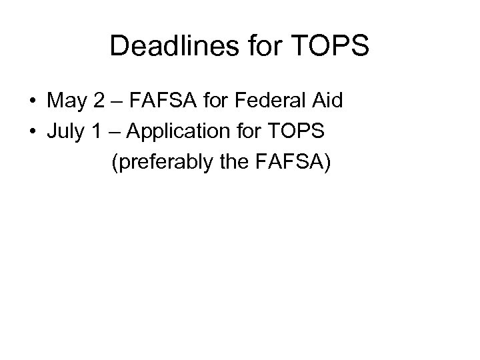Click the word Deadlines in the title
[x=165, y=46]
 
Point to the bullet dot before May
[x=32, y=102]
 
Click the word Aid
[x=325, y=102]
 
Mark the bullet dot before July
[x=32, y=131]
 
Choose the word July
[x=65, y=131]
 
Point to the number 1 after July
[x=97, y=131]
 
